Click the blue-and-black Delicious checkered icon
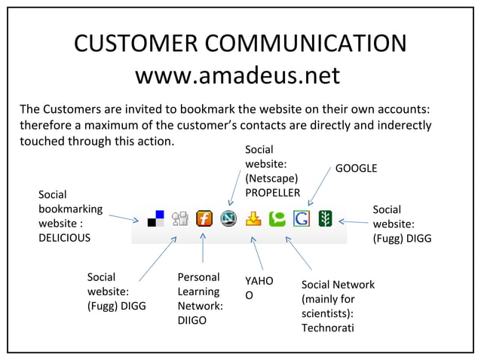[156, 218]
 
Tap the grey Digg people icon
[180, 218]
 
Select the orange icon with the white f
[204, 218]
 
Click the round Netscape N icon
[228, 218]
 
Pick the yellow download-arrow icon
[253, 218]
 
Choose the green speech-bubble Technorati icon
[277, 218]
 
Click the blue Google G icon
[302, 218]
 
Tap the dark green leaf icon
[326, 218]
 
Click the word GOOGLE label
[356, 168]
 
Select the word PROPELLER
[272, 193]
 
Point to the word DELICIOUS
[65, 238]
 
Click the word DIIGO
[192, 321]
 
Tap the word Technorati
[328, 328]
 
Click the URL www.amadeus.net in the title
[237, 75]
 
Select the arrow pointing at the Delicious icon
[124, 218]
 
